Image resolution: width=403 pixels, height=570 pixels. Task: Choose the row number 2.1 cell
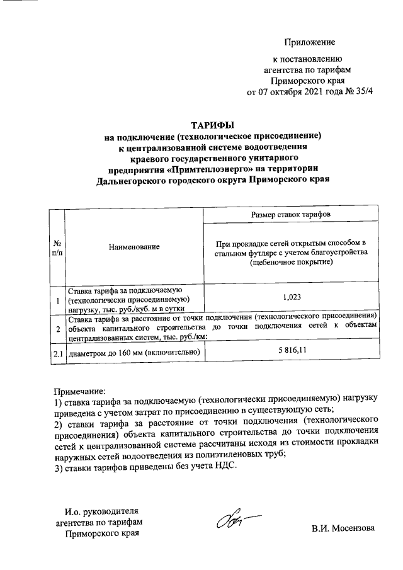coord(57,353)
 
